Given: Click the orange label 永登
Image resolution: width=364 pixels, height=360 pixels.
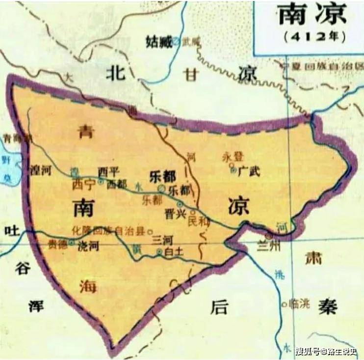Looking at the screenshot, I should pos(233,158).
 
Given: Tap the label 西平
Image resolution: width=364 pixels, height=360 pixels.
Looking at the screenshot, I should pos(108,171).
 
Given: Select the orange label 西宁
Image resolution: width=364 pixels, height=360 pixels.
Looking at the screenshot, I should pos(82,184).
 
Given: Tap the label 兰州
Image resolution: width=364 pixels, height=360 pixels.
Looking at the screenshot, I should pos(269,247).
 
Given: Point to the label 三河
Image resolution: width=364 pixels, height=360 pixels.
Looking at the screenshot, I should pos(163,240).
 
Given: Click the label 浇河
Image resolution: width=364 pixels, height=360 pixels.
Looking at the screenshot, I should pos(88,247).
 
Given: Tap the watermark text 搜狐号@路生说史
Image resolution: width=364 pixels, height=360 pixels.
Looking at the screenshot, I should pos(326,351).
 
